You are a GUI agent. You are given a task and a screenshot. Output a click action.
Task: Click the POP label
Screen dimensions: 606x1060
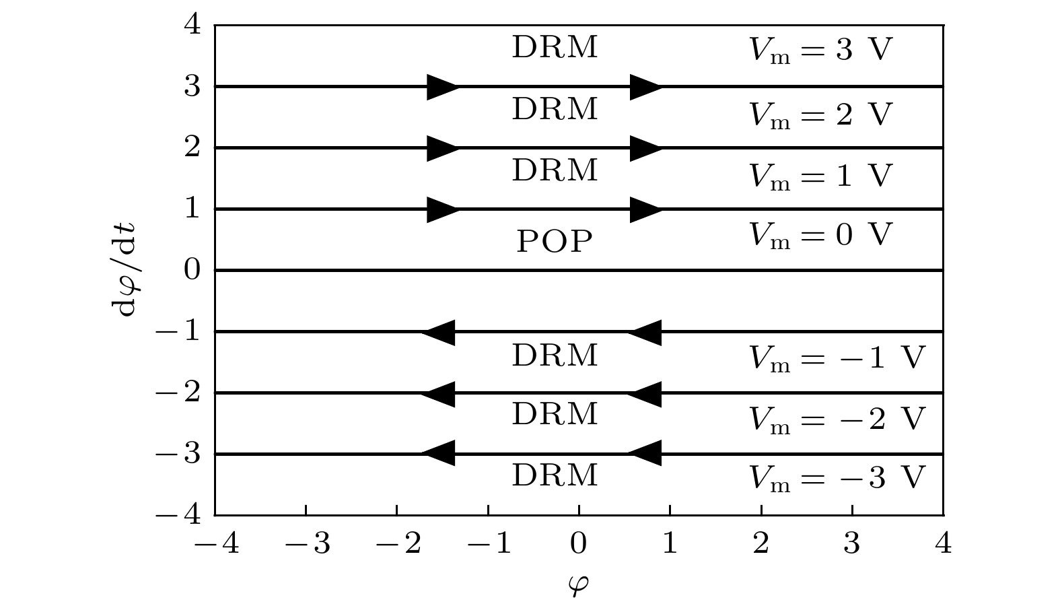(x=555, y=241)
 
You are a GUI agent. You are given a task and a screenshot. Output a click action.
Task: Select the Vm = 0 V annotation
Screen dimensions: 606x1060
(x=820, y=235)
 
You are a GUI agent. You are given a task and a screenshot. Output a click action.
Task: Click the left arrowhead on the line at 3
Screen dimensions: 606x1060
(x=442, y=87)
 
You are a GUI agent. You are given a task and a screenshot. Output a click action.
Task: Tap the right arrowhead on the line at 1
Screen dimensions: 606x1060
(x=645, y=209)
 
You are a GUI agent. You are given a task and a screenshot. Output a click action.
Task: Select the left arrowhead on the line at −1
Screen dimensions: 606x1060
(x=439, y=331)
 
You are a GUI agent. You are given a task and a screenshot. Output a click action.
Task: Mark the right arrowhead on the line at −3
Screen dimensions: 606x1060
(x=645, y=454)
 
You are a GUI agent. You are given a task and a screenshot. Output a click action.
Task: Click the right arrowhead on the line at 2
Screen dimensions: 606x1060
(x=645, y=148)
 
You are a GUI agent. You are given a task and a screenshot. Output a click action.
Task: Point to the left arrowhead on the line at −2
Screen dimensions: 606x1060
(x=439, y=393)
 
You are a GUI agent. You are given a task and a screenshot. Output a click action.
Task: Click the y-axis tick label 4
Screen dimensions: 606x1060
(x=192, y=25)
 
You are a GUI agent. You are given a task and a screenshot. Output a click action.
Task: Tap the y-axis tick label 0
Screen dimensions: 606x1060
(x=192, y=270)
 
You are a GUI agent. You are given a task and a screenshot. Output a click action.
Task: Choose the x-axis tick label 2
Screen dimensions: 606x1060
(x=761, y=543)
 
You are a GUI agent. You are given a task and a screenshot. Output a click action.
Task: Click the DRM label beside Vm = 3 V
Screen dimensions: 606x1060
(x=555, y=48)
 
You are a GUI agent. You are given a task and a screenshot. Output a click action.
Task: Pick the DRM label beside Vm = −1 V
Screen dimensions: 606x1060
(x=555, y=355)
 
